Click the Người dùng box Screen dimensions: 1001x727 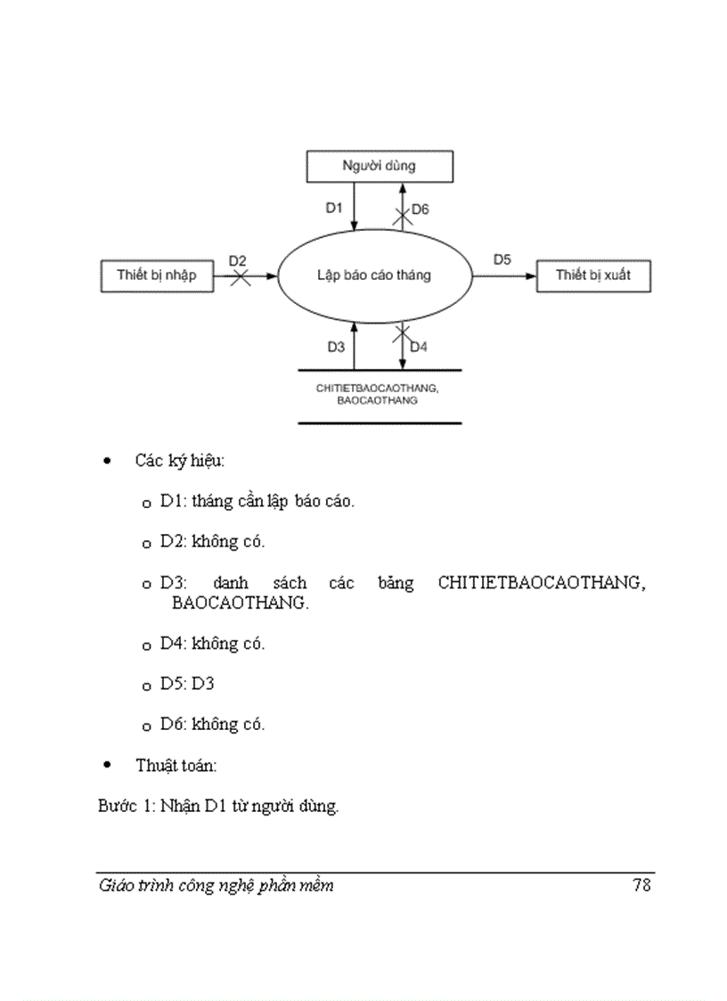[x=380, y=166]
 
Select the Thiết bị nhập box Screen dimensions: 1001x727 [x=157, y=275]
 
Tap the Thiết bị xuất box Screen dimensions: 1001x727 [x=593, y=275]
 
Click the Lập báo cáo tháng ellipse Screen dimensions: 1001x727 [x=374, y=275]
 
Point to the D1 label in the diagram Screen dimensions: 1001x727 [x=334, y=208]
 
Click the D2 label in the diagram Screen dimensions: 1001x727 [x=238, y=260]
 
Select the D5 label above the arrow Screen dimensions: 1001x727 [x=502, y=259]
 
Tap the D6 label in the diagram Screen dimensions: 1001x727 [x=421, y=209]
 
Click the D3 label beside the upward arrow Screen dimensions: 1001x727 [x=336, y=347]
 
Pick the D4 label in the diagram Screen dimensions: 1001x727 [x=419, y=347]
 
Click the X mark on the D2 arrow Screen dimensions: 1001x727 [x=239, y=277]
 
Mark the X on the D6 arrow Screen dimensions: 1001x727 [x=403, y=214]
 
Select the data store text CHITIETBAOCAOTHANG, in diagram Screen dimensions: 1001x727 [x=379, y=389]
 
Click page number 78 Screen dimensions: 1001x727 [x=641, y=885]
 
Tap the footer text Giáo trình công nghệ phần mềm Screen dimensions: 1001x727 [x=216, y=885]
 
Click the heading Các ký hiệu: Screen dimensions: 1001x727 [x=180, y=461]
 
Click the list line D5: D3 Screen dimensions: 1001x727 [x=187, y=684]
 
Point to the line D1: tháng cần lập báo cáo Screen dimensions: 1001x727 [x=257, y=501]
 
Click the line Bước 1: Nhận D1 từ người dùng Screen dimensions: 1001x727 [x=218, y=808]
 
